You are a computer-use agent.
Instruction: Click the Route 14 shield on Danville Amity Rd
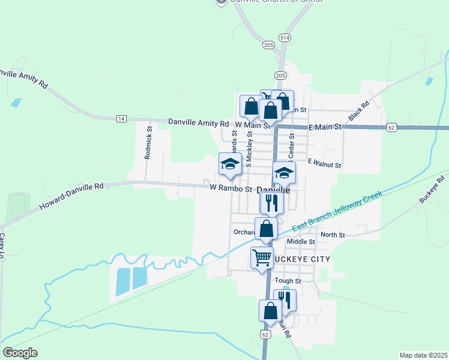tap(121, 119)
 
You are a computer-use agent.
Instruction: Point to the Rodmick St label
tap(148, 142)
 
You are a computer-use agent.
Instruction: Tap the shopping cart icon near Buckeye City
tap(262, 258)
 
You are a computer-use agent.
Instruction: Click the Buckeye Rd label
tap(432, 189)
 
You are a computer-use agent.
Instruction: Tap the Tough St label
tap(288, 281)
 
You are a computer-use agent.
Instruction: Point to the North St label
tap(333, 235)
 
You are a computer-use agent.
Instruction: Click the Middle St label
tap(301, 242)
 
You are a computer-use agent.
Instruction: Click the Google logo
tap(20, 353)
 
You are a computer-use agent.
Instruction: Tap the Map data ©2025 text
tap(423, 355)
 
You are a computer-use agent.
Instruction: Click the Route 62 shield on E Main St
tap(391, 127)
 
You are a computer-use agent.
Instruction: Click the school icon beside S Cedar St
tap(284, 173)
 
